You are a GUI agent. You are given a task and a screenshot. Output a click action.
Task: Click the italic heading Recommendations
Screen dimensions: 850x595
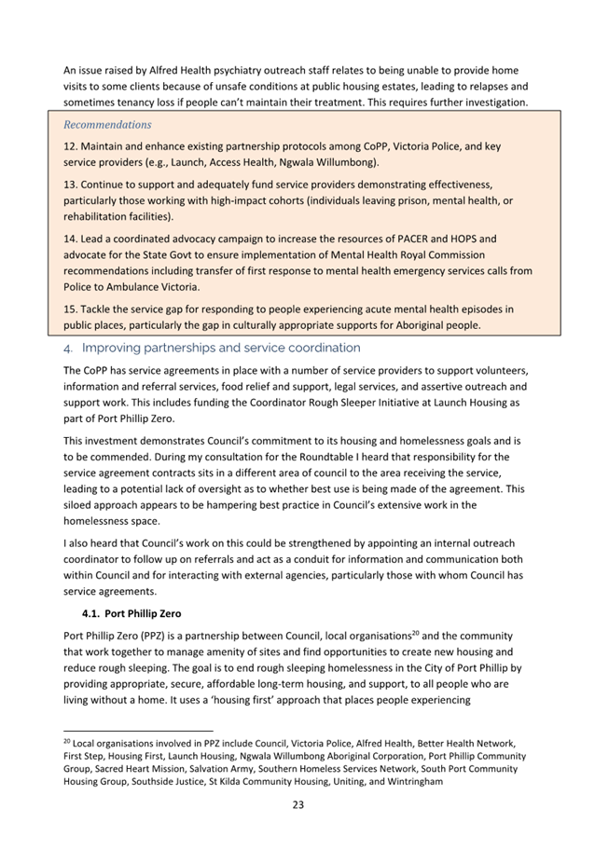coord(106,124)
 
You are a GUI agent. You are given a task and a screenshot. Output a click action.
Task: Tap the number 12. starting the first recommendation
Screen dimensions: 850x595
coord(71,147)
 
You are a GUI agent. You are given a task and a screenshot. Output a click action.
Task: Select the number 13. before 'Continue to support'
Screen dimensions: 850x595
coord(71,185)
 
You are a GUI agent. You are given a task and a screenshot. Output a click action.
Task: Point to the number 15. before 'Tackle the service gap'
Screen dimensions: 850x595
coord(71,308)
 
